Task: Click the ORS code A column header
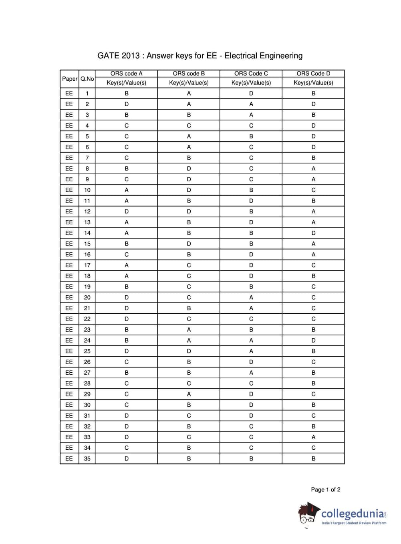click(126, 73)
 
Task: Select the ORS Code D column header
click(313, 73)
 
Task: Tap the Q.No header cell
click(87, 79)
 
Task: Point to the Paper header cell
click(70, 79)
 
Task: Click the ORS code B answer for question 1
click(189, 93)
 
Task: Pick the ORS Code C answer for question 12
click(251, 211)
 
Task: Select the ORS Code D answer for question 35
click(313, 459)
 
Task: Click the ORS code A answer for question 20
click(127, 297)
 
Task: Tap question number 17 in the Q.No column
click(87, 265)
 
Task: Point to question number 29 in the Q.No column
click(87, 394)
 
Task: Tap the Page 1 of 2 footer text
click(326, 489)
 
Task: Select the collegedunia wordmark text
click(353, 514)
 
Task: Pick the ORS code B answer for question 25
click(189, 351)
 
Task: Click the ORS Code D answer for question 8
click(313, 168)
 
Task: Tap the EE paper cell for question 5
click(69, 136)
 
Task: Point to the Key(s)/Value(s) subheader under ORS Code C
click(251, 83)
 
